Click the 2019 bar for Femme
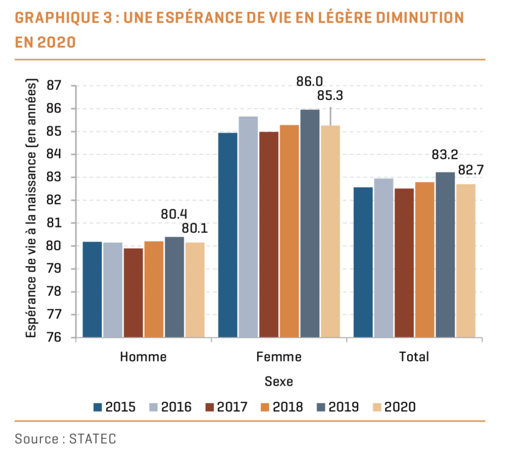pos(310,223)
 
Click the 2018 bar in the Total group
pos(424,260)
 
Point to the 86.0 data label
pos(309,81)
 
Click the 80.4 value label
pos(174,214)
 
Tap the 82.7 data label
pos(471,170)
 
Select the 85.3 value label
pos(330,96)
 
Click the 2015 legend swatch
pos(98,407)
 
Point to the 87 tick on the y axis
pos(54,86)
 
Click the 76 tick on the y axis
pos(54,338)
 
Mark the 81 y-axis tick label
pos(54,223)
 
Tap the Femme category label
pos(279,357)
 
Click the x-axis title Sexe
pos(279,382)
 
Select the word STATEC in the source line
pos(93,439)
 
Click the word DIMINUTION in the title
pos(420,18)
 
